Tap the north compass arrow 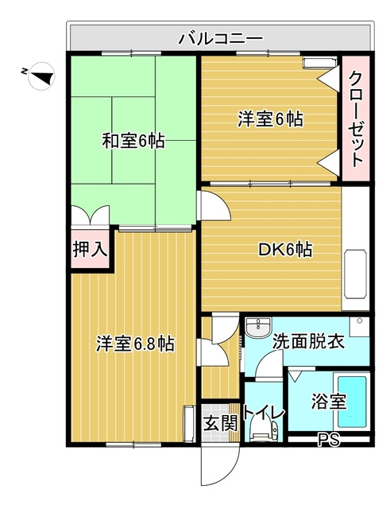[41, 76]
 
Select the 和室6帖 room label [133, 142]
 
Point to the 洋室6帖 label [271, 119]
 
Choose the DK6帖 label [284, 249]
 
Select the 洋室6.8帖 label [135, 344]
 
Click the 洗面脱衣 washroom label [308, 343]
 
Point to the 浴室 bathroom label [327, 401]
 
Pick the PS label [327, 438]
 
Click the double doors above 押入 [88, 216]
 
